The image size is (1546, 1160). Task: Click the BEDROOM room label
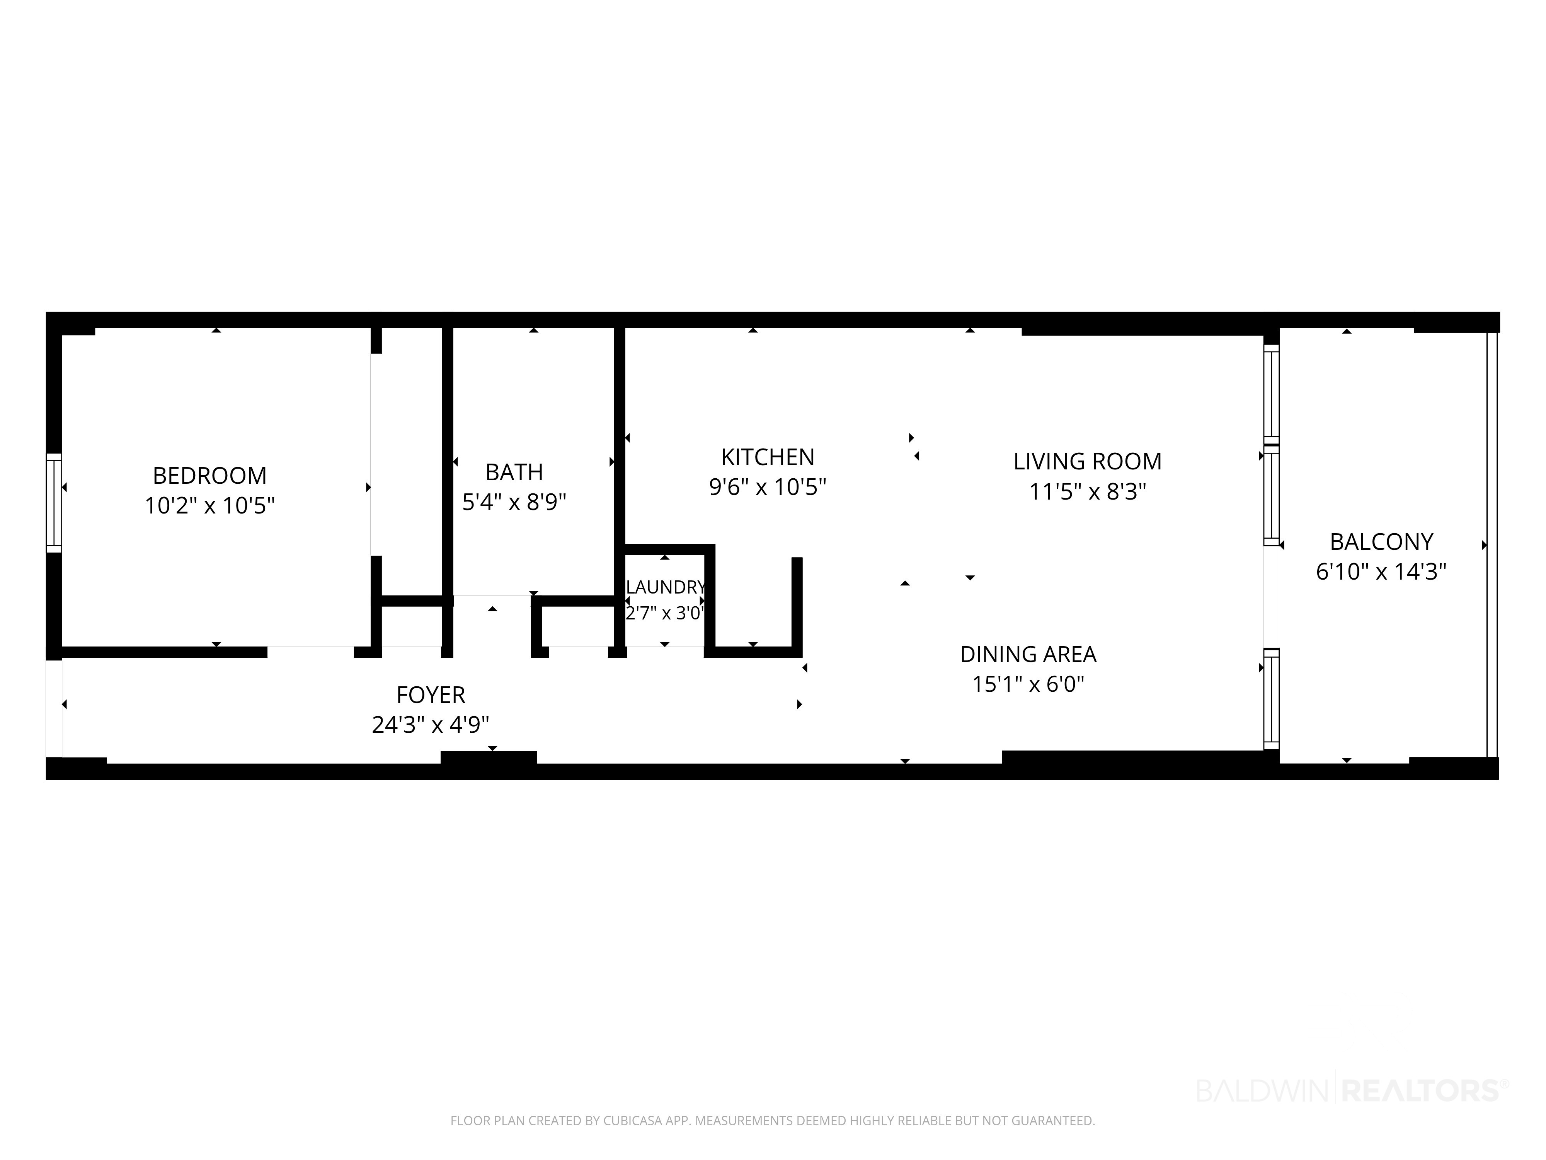pos(209,476)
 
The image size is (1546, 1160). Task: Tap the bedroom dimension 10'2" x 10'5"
pos(209,505)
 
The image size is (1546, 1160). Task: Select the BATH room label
pos(514,472)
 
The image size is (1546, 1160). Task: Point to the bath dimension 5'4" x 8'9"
pos(514,502)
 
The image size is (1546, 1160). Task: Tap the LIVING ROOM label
pos(1088,461)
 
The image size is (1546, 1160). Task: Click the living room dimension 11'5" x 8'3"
pos(1088,491)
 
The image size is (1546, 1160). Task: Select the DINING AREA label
pos(1028,655)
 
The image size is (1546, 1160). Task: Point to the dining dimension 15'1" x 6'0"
pos(1028,684)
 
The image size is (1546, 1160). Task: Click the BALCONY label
pos(1381,542)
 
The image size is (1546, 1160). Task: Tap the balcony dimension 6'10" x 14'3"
pos(1381,572)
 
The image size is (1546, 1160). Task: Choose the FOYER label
pos(431,695)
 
